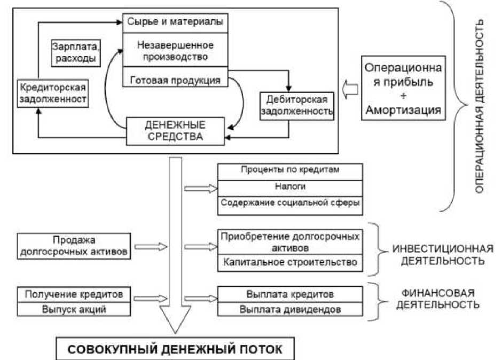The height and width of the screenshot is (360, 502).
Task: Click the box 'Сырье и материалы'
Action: tap(176, 23)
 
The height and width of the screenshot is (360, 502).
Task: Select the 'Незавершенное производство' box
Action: tap(176, 51)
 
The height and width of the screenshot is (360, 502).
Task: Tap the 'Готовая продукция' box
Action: tap(176, 81)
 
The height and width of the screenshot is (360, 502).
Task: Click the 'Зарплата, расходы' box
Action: tap(76, 52)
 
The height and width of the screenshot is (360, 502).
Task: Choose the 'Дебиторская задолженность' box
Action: tap(297, 105)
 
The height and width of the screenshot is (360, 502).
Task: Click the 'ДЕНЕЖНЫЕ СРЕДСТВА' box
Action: tap(174, 131)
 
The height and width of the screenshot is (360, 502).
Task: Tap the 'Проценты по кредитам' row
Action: tap(290, 171)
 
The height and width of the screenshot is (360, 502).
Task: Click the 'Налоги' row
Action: tap(290, 187)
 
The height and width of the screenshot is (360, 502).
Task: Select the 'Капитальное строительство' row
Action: tap(290, 263)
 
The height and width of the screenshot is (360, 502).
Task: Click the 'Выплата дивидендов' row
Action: tap(290, 309)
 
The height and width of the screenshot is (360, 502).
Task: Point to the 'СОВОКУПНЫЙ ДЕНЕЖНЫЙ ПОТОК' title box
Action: tap(176, 350)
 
